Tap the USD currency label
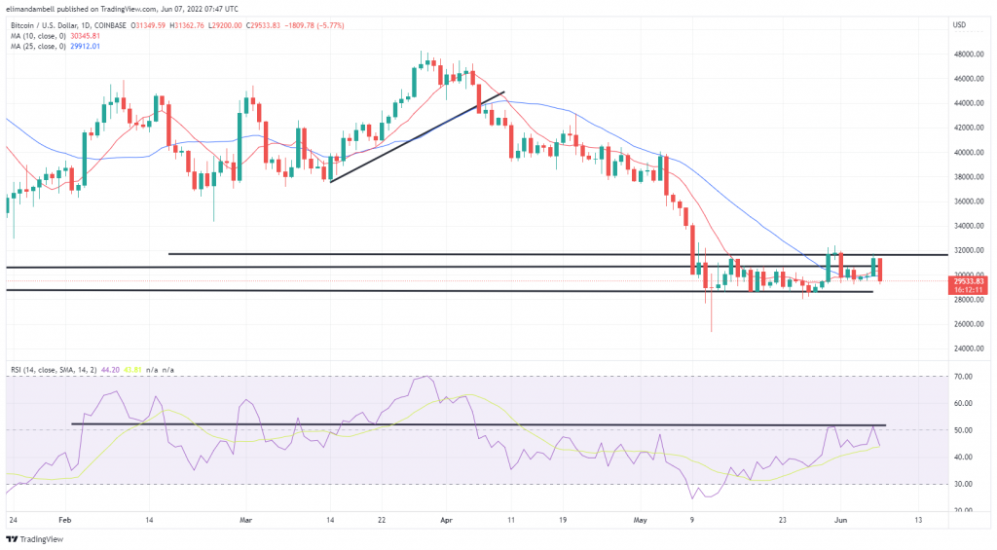coord(959,24)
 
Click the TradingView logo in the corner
coord(34,538)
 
